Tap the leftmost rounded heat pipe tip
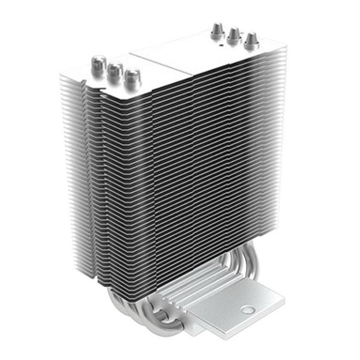(x=99, y=63)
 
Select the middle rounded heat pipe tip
(x=115, y=70)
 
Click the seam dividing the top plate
(x=162, y=63)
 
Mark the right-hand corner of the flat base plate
(x=284, y=299)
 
